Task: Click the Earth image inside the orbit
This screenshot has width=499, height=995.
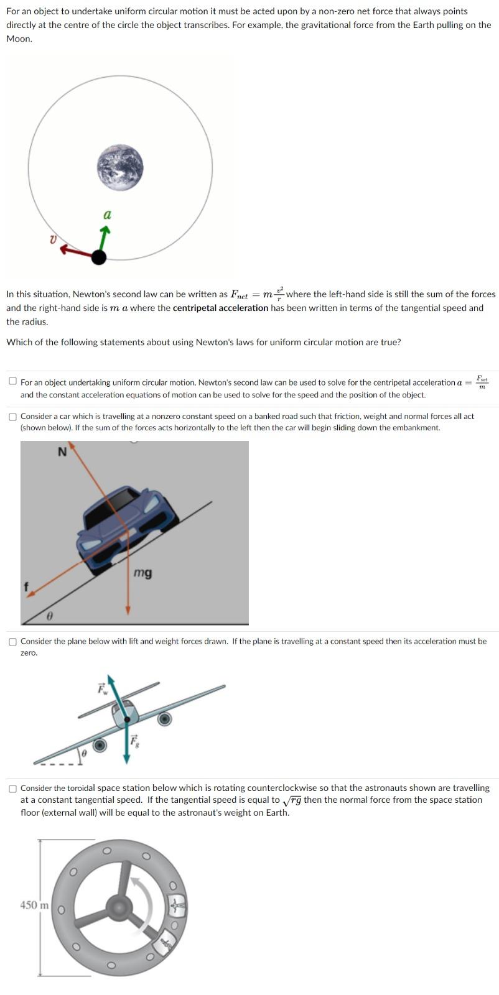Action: tap(120, 167)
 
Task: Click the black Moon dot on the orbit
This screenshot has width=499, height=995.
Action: tap(98, 256)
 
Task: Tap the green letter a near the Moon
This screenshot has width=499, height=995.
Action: tap(107, 215)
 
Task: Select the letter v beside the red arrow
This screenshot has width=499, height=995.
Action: tap(53, 238)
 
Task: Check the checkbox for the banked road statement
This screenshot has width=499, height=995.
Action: tap(12, 417)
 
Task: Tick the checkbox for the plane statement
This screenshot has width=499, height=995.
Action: tap(12, 642)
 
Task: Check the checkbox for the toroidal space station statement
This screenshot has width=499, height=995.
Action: tap(12, 789)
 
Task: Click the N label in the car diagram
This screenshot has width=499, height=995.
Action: tap(62, 452)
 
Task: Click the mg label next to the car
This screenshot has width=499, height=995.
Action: tap(142, 573)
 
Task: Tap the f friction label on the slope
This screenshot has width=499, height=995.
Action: tap(26, 586)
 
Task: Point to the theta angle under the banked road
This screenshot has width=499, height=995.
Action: tap(49, 616)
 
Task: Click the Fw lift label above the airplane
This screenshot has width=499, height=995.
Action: tap(102, 689)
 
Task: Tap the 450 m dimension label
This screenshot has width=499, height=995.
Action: tap(34, 905)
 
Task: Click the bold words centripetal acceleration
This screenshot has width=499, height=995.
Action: tap(220, 308)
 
